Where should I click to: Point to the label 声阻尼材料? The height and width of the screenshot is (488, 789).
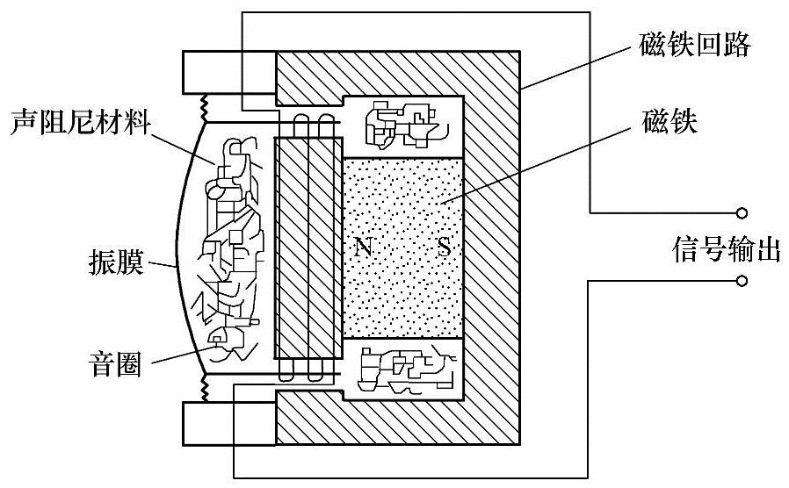76,124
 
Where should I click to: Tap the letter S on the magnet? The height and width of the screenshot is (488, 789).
445,248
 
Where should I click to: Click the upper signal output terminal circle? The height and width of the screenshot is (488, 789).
742,212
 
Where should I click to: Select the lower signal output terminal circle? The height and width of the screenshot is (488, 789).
742,281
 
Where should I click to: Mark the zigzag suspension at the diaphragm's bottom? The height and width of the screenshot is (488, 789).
203,385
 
